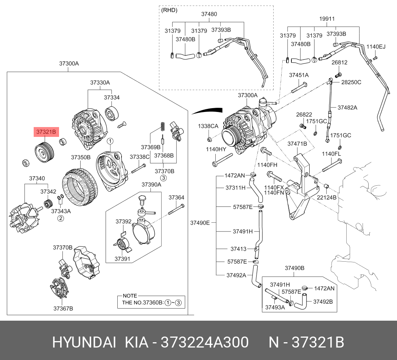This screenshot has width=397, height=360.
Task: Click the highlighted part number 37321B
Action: pyautogui.click(x=46, y=132)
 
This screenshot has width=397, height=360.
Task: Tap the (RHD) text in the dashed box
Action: pyautogui.click(x=169, y=10)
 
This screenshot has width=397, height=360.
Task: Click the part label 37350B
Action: pyautogui.click(x=81, y=157)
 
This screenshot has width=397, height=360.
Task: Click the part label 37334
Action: pyautogui.click(x=112, y=98)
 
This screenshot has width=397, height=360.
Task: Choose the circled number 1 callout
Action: pyautogui.click(x=110, y=141)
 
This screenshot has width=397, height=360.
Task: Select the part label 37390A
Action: pyautogui.click(x=151, y=185)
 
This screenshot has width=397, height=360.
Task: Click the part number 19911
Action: pyautogui.click(x=327, y=19)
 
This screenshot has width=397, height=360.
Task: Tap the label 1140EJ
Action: pyautogui.click(x=376, y=47)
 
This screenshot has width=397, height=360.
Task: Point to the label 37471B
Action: pyautogui.click(x=297, y=144)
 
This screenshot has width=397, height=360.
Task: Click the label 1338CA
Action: pyautogui.click(x=208, y=126)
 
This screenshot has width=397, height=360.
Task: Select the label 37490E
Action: pyautogui.click(x=200, y=223)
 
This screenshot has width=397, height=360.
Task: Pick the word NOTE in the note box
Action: pyautogui.click(x=130, y=296)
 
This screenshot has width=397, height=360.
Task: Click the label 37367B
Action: pyautogui.click(x=63, y=309)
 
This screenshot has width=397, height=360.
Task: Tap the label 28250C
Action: pyautogui.click(x=351, y=82)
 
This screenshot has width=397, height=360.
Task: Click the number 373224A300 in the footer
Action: pyautogui.click(x=205, y=343)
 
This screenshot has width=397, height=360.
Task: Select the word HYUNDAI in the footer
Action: pyautogui.click(x=84, y=343)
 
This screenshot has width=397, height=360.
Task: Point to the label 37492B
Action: pyautogui.click(x=323, y=301)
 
